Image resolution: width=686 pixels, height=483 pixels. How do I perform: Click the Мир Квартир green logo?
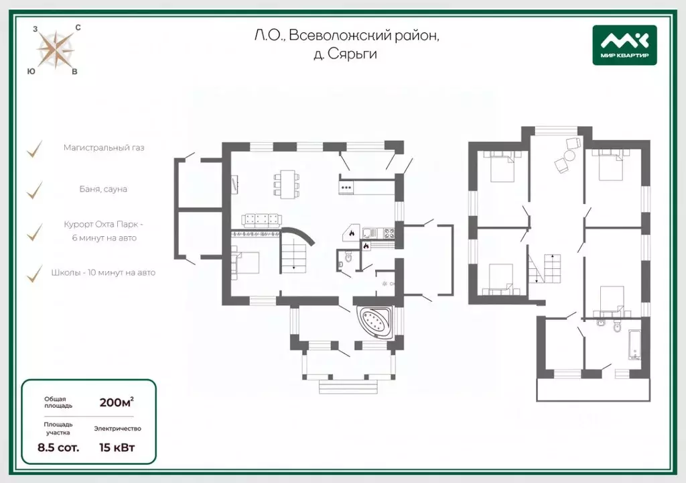click(624, 45)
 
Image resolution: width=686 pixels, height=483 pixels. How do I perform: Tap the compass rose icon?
click(55, 50)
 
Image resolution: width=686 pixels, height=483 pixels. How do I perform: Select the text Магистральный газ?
click(104, 148)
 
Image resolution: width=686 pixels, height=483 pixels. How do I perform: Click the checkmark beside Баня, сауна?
click(34, 191)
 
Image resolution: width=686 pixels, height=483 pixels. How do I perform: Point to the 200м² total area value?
click(117, 402)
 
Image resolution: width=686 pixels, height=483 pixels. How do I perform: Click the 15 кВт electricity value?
click(117, 447)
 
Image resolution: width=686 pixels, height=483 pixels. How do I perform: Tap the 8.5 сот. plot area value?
click(58, 447)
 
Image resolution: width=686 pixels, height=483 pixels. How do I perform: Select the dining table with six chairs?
click(287, 184)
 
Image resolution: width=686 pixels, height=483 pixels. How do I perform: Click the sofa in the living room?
click(261, 219)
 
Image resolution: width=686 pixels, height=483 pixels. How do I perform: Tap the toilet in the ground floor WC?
click(348, 257)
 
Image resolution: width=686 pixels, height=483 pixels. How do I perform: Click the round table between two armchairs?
click(569, 156)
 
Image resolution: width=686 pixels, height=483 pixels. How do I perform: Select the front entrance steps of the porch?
click(348, 387)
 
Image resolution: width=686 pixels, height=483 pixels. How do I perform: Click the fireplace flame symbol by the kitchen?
click(351, 233)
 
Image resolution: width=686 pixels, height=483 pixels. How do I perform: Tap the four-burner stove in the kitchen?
click(389, 233)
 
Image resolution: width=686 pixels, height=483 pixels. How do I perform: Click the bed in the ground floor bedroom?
click(245, 262)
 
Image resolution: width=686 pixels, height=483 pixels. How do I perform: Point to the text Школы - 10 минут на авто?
click(103, 272)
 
